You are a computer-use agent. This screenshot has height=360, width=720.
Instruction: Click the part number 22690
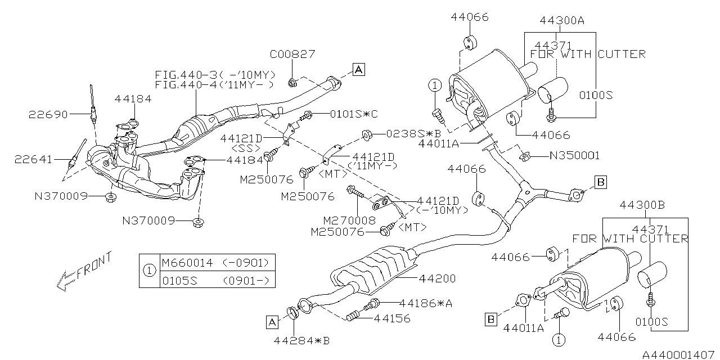[48, 115]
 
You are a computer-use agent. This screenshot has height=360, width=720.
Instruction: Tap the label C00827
[292, 54]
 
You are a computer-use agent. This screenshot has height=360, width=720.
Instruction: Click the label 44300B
[642, 205]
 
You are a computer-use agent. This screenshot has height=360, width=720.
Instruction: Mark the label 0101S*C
[354, 114]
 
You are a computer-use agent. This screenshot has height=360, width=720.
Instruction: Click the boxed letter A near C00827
[359, 69]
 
